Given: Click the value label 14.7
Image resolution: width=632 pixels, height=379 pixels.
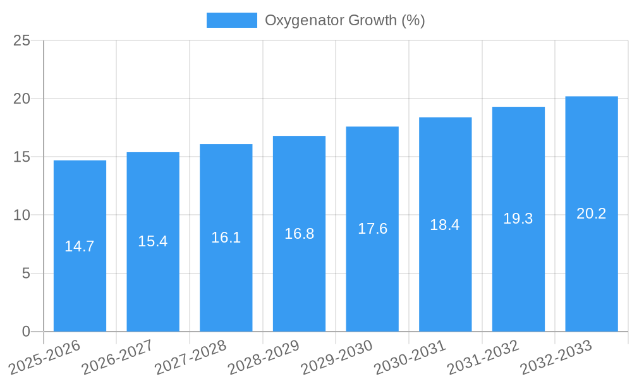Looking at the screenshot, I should click(x=80, y=246).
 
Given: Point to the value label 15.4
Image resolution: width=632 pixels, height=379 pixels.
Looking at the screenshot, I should click(x=153, y=241).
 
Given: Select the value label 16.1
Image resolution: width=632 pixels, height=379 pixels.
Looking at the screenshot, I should click(x=226, y=238).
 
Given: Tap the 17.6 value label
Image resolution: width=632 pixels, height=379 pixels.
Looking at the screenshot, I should click(x=372, y=229).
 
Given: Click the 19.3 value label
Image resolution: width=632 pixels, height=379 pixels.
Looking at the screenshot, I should click(x=518, y=219).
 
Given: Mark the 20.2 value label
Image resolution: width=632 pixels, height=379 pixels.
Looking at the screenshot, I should click(x=592, y=214).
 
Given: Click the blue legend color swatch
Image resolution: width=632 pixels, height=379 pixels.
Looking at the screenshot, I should click(x=231, y=20).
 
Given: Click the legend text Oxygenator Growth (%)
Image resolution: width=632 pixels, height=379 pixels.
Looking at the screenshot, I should click(x=344, y=20).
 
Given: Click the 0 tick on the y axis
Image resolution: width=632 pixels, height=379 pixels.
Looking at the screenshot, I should click(x=26, y=332).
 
